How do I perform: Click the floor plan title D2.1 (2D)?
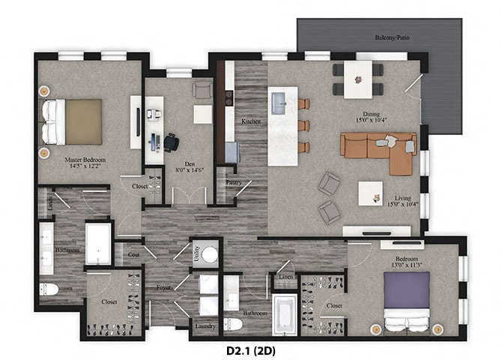tap(250, 349)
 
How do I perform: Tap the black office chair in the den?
tap(172, 142)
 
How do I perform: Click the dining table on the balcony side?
tap(358, 78)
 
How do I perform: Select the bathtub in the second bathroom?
tap(283, 314)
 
